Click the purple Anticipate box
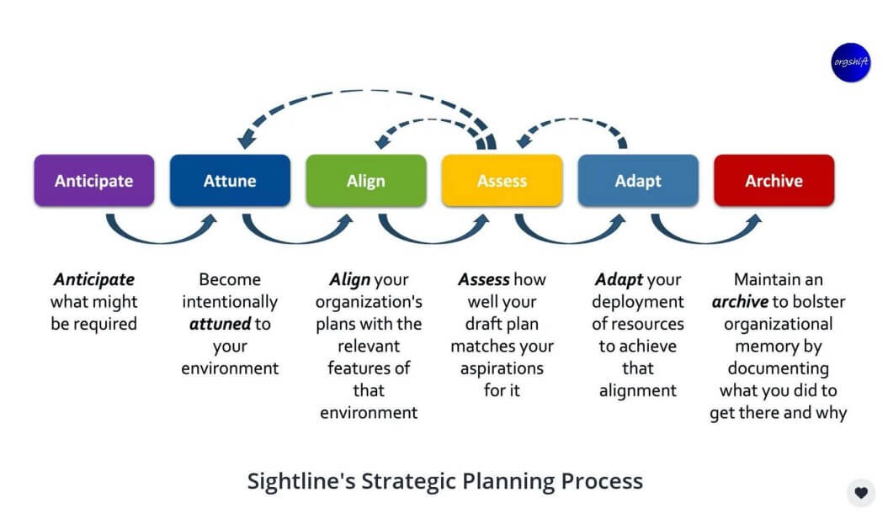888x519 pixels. click(x=93, y=181)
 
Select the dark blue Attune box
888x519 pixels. click(x=230, y=181)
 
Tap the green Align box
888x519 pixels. click(x=365, y=181)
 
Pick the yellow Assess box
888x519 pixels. click(x=502, y=181)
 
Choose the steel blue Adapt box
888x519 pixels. click(x=638, y=181)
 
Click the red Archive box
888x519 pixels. click(x=774, y=181)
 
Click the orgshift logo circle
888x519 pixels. click(x=850, y=62)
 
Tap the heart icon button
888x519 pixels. click(x=860, y=493)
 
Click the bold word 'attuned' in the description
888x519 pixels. click(x=221, y=324)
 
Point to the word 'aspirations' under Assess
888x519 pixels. click(x=502, y=368)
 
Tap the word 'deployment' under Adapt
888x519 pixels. click(x=638, y=302)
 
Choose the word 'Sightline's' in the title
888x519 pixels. click(x=300, y=482)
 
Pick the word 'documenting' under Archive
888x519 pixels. click(x=778, y=368)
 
